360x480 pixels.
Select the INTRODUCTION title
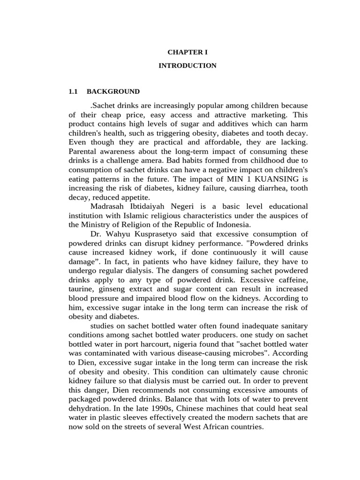point(187,66)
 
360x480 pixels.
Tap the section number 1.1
point(73,91)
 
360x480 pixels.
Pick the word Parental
point(82,151)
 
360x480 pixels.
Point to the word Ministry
point(96,225)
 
